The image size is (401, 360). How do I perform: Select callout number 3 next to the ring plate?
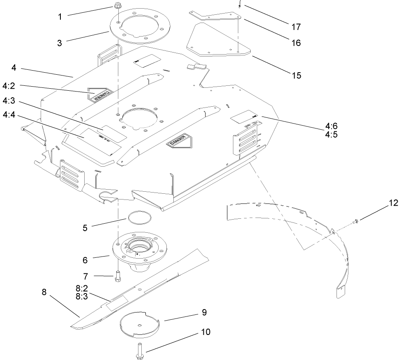coord(60,43)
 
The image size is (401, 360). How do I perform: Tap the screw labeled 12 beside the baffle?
coord(356,222)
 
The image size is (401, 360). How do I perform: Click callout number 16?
coord(296,42)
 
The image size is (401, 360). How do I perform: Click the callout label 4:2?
coord(9,86)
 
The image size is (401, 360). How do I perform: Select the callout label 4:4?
coord(9,116)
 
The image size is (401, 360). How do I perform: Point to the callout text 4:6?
coord(330,126)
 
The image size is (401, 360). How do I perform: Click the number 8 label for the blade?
coord(44,292)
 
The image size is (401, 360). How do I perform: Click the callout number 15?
coord(296,75)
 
